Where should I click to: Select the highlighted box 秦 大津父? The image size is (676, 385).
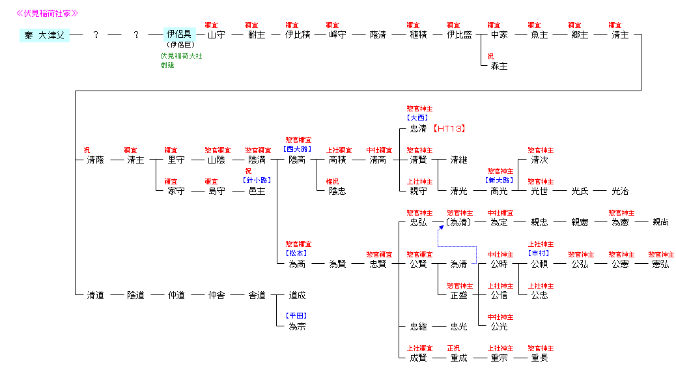pos(44,35)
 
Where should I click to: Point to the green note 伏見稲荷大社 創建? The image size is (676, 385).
pos(181,60)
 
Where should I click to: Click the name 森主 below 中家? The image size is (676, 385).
pos(499,66)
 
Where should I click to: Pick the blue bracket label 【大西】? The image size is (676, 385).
pos(417,118)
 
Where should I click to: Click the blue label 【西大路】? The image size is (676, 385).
pos(297,149)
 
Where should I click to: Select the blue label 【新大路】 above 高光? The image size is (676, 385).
pos(499,180)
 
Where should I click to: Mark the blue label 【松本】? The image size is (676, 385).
pos(297,253)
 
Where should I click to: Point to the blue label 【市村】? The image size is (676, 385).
pos(539,253)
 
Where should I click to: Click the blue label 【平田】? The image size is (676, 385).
pos(297,316)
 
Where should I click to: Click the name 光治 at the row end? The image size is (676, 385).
pos(620,191)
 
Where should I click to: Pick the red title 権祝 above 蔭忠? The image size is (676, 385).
pos(332,181)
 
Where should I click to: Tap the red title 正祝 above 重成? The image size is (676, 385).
pos(453,348)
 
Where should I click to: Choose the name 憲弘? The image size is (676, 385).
pos(660,264)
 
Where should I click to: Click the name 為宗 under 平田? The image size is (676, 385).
pos(297,326)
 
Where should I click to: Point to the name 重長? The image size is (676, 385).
pos(539,358)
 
